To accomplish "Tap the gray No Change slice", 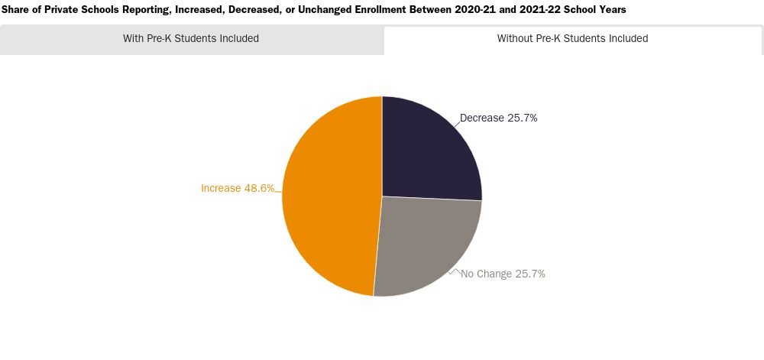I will coord(424,245).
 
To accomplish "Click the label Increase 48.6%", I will coord(238,188).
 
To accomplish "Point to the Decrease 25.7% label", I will coord(498,118).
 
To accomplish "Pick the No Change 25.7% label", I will coord(503,274).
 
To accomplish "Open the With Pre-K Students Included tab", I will coord(191,38).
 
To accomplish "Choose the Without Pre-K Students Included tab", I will coord(572,38).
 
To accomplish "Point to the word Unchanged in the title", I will coord(329,9).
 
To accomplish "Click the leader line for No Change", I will coord(455,271).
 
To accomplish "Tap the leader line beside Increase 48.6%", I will coord(278,191).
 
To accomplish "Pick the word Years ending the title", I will coord(612,9).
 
